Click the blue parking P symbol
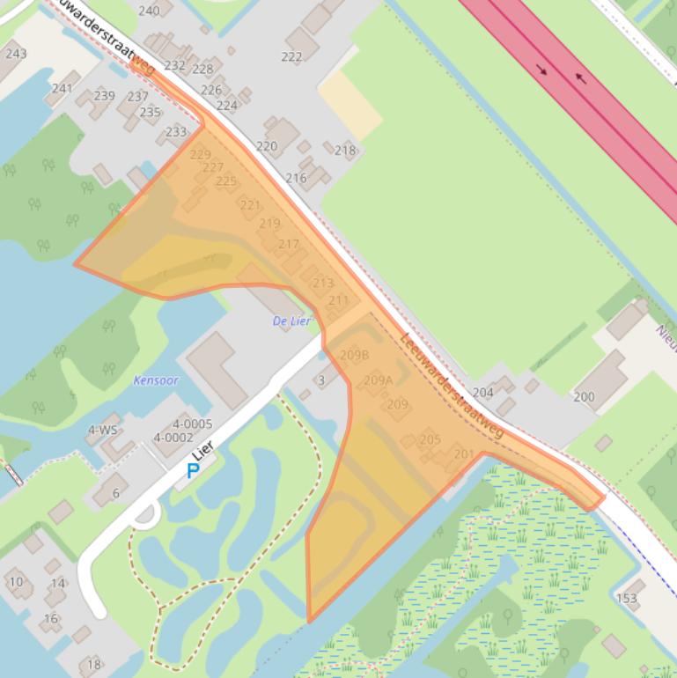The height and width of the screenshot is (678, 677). pyautogui.click(x=193, y=471)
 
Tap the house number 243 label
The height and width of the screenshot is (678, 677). pyautogui.click(x=16, y=53)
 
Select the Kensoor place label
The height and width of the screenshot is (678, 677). pyautogui.click(x=156, y=380)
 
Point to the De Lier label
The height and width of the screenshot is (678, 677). pyautogui.click(x=292, y=321)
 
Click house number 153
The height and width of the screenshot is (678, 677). pyautogui.click(x=627, y=598)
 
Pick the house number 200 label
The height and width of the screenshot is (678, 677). pyautogui.click(x=584, y=396)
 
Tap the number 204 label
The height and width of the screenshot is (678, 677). pyautogui.click(x=482, y=393)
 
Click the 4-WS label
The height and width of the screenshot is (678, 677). pyautogui.click(x=102, y=430)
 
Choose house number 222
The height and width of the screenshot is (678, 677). pyautogui.click(x=291, y=56)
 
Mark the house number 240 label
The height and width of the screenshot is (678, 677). pyautogui.click(x=149, y=11)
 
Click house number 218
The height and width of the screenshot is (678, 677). pyautogui.click(x=345, y=151)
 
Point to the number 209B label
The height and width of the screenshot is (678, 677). pyautogui.click(x=354, y=355)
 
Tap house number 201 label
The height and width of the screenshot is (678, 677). pyautogui.click(x=464, y=454)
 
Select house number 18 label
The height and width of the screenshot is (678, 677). pyautogui.click(x=93, y=664)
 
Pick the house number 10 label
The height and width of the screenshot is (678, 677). pyautogui.click(x=16, y=581)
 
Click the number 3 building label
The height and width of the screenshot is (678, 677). pyautogui.click(x=321, y=380)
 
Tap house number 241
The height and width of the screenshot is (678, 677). pyautogui.click(x=62, y=88)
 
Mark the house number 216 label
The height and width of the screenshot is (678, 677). pyautogui.click(x=296, y=178)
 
